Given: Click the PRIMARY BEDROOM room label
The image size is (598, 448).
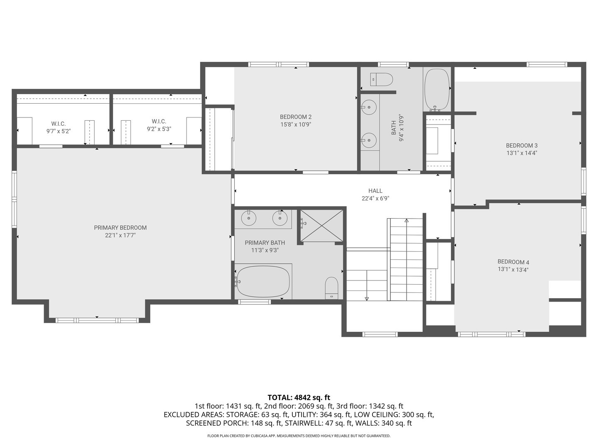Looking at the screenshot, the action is (x=120, y=228).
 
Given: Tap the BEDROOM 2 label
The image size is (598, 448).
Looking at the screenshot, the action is (x=296, y=117).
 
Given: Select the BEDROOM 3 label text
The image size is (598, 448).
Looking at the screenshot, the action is (x=522, y=146).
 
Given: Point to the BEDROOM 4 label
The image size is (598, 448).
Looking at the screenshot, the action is (x=513, y=262).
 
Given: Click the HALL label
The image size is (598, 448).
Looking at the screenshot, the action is (x=375, y=191).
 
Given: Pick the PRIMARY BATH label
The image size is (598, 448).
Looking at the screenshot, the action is (x=265, y=243).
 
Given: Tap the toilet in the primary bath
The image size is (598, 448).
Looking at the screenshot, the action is (x=331, y=288).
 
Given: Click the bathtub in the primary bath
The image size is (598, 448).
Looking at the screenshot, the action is (x=263, y=282).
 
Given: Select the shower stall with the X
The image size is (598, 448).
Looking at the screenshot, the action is (x=321, y=226).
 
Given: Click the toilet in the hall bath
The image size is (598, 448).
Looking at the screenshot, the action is (x=382, y=79).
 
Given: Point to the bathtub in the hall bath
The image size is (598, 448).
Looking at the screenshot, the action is (x=437, y=90).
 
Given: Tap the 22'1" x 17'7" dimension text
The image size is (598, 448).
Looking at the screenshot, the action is (x=120, y=235).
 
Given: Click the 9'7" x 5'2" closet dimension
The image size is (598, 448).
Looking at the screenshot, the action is (x=58, y=131).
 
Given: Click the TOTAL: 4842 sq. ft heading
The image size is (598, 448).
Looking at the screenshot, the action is (x=299, y=397).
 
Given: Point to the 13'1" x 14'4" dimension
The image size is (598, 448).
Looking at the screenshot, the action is (x=522, y=153).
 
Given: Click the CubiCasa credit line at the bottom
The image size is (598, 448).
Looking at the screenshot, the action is (x=299, y=436).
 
